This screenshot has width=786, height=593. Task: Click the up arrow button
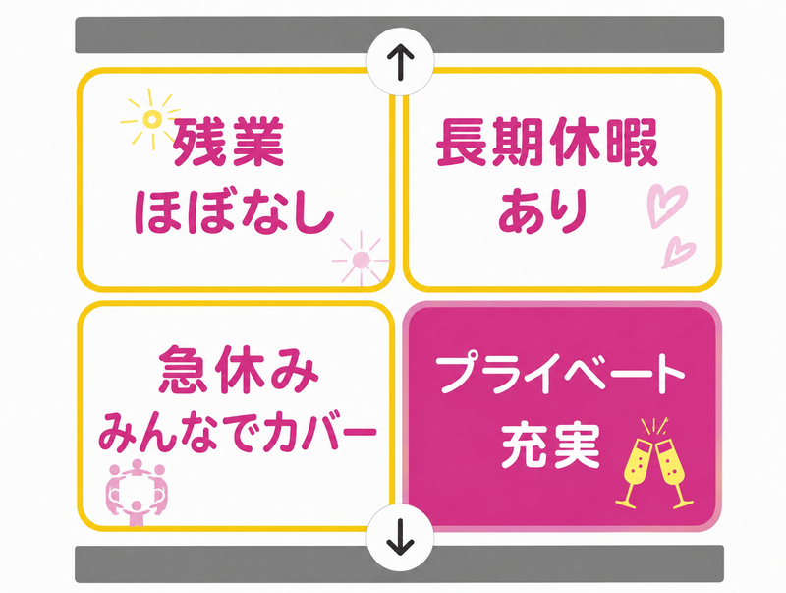[400, 62]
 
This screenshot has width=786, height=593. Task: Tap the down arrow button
[400, 537]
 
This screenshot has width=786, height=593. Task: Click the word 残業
[229, 142]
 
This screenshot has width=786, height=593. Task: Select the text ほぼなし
[235, 211]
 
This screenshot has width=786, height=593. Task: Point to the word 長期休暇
[547, 142]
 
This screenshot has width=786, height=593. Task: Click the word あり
[542, 210]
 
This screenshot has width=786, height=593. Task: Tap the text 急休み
[239, 370]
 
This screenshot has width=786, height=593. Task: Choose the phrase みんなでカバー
[237, 432]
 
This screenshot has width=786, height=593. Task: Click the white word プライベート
[560, 374]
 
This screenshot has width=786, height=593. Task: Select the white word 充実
[551, 446]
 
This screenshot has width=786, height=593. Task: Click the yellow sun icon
[152, 119]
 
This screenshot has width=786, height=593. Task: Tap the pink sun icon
[361, 260]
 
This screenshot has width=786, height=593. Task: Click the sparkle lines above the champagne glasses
[654, 427]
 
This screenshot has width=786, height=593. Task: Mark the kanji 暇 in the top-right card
[632, 142]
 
